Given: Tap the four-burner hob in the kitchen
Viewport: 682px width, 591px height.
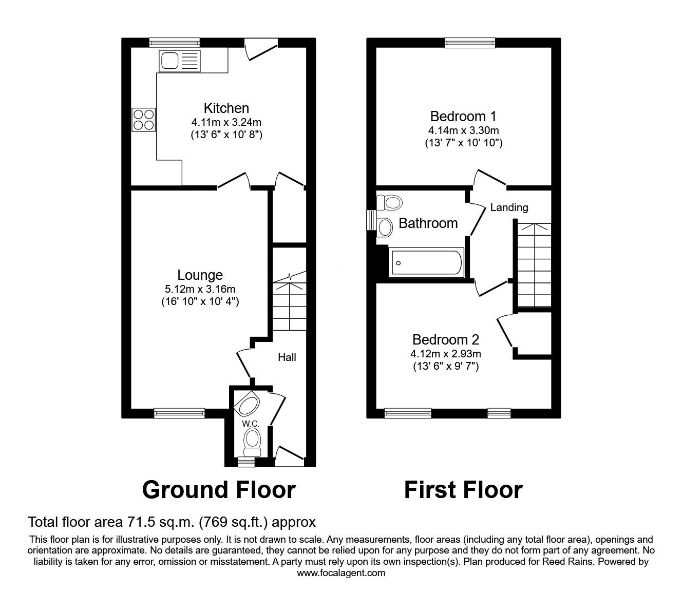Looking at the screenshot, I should point(143,119).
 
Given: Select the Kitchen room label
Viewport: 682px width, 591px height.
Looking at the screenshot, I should point(226,108).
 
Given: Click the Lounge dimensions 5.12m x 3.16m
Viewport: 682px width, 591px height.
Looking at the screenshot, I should point(200,289).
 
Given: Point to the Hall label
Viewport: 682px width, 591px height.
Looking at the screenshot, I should point(287,357).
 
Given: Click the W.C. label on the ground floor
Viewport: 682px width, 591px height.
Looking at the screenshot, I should point(251,424).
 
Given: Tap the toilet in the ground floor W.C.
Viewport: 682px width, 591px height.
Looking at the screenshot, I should point(252,441).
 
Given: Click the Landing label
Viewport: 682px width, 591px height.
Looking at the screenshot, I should point(509,207).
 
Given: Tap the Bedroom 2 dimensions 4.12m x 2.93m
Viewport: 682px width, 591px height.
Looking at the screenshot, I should point(446,353).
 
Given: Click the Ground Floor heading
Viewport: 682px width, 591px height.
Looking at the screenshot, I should point(219,490).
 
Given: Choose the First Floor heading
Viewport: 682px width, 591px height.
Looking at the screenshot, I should point(463,490).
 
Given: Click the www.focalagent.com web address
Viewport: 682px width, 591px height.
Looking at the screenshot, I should point(341,573).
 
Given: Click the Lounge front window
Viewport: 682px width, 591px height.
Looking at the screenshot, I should point(179,413).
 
